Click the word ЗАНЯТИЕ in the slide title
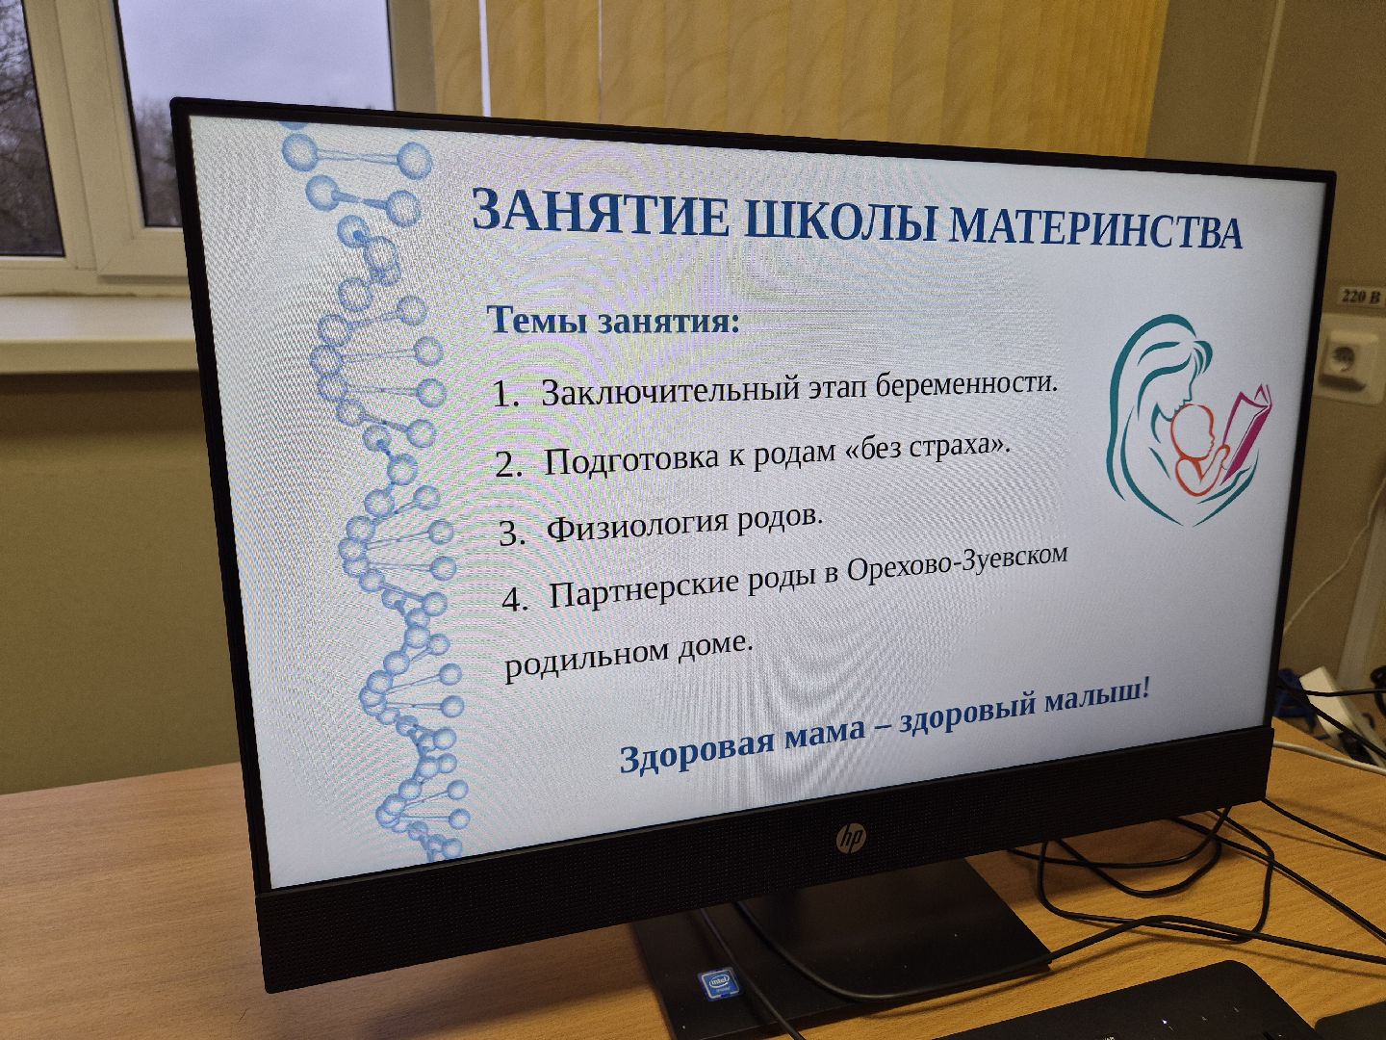point(601,213)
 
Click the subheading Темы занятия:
point(614,319)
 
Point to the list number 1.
point(504,395)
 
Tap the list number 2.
point(508,465)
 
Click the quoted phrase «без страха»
point(927,447)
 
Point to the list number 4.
point(514,600)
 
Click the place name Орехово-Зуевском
point(957,565)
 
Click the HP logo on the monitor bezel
point(850,840)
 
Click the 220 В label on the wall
point(1361,297)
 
